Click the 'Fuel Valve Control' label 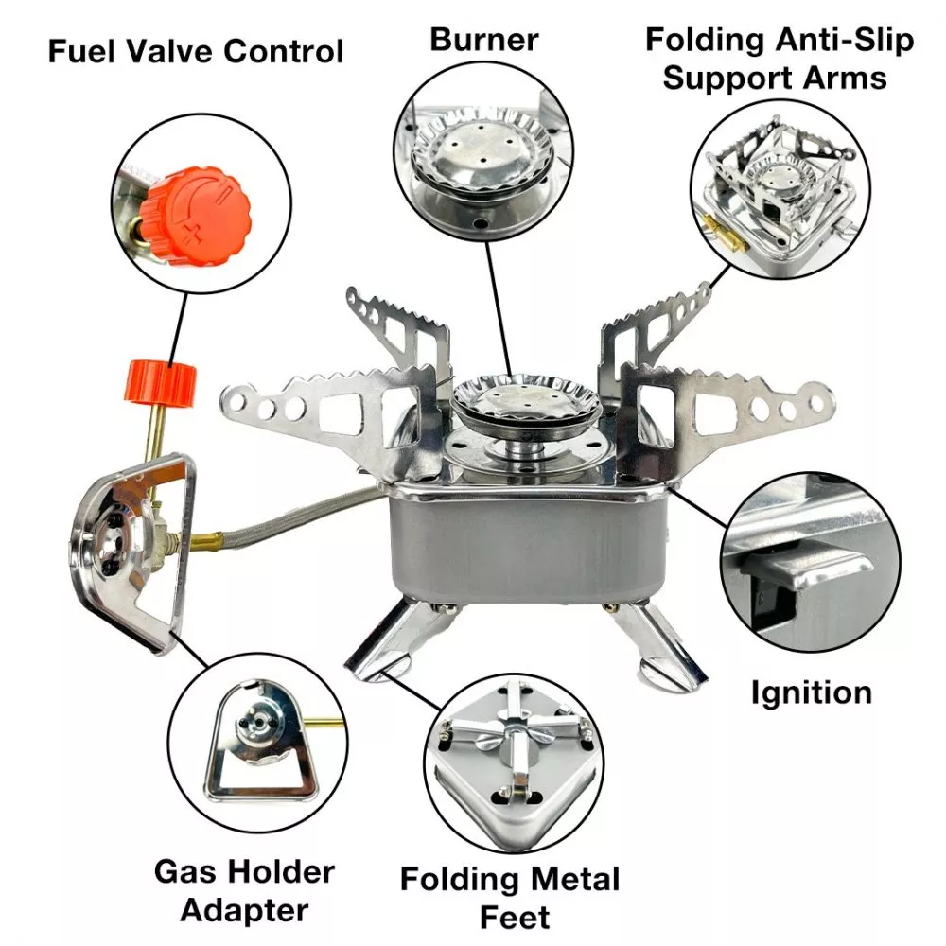tap(195, 51)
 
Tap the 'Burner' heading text tap(483, 40)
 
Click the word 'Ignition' tap(811, 692)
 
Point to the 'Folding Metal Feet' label tap(509, 897)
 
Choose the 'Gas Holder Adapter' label tap(244, 890)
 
